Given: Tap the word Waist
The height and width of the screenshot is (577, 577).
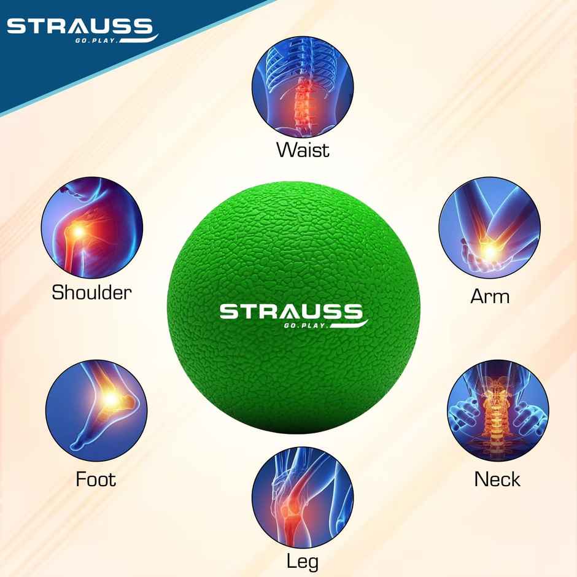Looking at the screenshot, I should pos(303,149).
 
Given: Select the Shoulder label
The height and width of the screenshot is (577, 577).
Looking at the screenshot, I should pos(91,292).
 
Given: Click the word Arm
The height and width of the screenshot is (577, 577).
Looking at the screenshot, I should pos(490,296).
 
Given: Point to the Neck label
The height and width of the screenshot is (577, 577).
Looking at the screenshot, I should pos(497,479).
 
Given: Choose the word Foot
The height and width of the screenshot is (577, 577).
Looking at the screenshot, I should pos(96,478).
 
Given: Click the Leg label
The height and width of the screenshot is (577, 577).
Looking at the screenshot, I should pos(303,560).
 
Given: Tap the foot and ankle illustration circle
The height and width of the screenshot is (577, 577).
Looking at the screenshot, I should pos(96,411).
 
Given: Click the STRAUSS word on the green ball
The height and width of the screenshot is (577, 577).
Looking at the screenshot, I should pos(291,311).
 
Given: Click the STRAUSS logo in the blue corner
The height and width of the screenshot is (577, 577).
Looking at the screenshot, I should pos(79,28).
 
